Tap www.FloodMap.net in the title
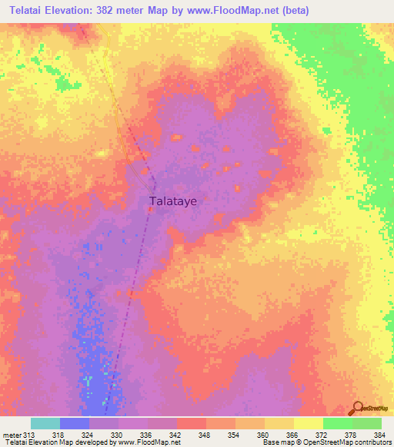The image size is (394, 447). (x=254, y=11)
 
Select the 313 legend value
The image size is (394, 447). (x=29, y=434)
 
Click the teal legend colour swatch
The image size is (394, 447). (x=45, y=423)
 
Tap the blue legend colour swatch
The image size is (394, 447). (x=75, y=423)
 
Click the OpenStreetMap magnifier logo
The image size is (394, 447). (x=356, y=408)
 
